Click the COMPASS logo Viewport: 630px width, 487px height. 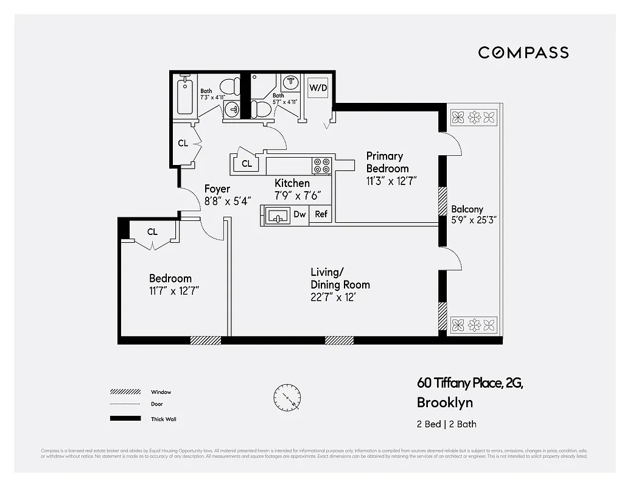point(523,52)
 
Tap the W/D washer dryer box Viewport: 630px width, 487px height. point(318,88)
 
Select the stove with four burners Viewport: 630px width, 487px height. point(321,165)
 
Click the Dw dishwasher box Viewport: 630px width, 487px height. point(299,214)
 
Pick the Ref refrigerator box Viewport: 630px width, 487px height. point(321,214)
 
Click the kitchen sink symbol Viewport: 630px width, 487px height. point(278,215)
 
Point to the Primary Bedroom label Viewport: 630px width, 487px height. point(387,163)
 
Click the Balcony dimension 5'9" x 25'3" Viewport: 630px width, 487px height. point(474,220)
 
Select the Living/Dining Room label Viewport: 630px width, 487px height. point(340,278)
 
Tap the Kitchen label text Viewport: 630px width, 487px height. point(292,183)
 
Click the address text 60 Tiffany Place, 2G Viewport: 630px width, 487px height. point(469,383)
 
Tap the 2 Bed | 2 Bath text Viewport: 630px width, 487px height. point(447,424)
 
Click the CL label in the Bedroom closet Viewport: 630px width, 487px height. point(152,232)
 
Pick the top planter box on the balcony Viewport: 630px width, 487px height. point(474,116)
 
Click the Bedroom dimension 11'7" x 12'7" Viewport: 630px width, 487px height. point(174,291)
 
